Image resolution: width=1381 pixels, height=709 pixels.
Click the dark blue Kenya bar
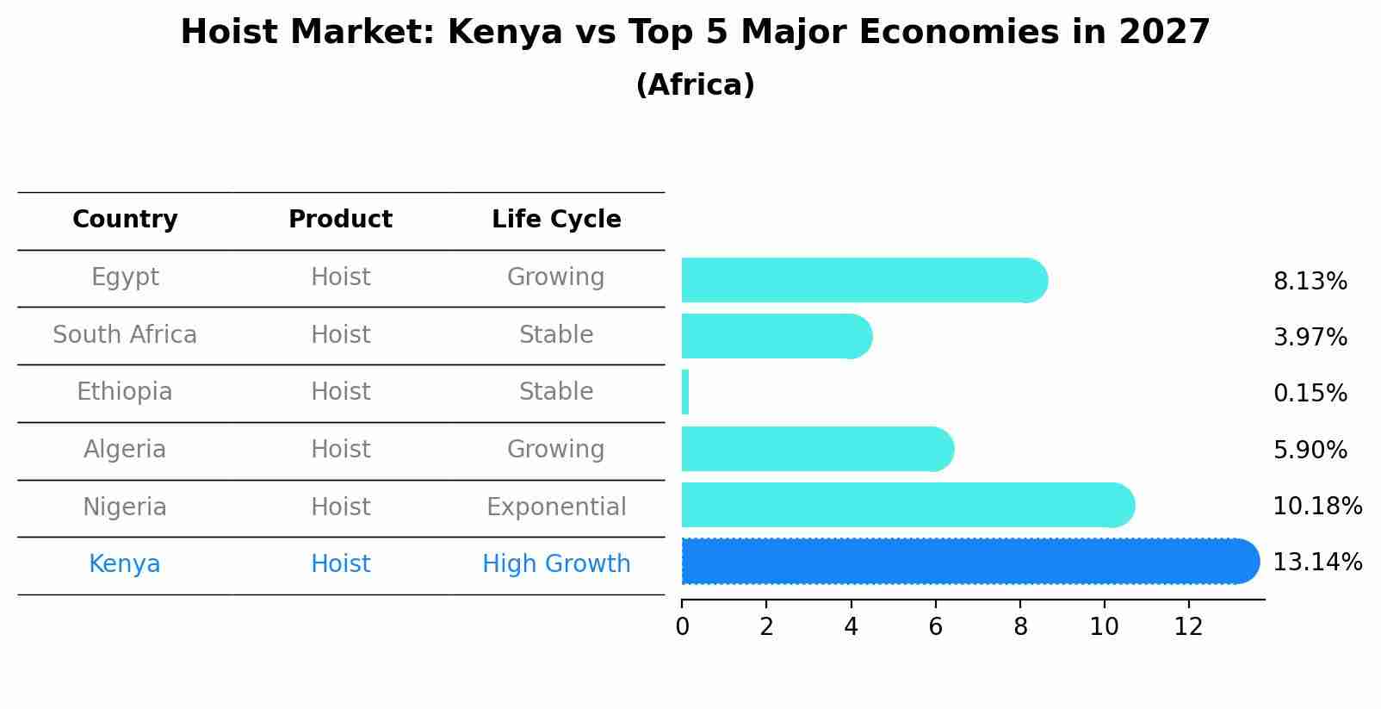coord(964,562)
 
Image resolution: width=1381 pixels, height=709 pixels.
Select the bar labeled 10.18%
coord(904,505)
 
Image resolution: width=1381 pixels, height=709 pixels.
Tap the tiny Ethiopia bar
coord(685,392)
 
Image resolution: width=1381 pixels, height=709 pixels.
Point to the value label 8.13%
coord(1310,282)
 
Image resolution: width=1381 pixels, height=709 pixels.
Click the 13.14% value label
coord(1316,563)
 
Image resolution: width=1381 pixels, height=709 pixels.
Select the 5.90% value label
coord(1310,450)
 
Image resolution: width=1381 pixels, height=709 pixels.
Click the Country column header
coord(125,220)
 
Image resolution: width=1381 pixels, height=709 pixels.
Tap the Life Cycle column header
coord(556,220)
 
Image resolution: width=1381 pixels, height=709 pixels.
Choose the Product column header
coord(340,220)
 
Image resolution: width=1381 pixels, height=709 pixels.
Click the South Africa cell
coord(125,335)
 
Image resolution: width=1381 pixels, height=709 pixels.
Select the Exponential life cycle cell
coord(556,507)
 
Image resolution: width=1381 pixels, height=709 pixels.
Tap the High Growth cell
coord(556,564)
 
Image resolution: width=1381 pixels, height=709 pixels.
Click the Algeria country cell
coord(125,450)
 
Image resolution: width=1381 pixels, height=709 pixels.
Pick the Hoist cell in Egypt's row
coord(340,277)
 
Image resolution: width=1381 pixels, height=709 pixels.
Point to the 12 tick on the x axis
coord(1188,627)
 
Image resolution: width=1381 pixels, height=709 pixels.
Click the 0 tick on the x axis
coord(682,627)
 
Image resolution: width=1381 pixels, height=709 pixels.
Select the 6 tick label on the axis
coord(935,627)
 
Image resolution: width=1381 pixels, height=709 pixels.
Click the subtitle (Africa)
coord(695,85)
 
